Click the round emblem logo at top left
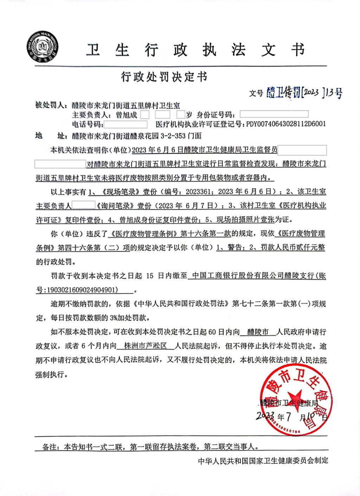point(43,47)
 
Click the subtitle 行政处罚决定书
point(164,77)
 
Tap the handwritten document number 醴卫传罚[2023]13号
point(304,92)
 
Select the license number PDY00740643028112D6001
point(286,124)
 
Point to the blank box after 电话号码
point(126,124)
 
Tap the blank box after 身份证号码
point(274,114)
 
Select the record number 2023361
point(198,192)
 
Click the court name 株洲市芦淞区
point(146,346)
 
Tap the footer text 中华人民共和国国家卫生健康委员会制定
point(263,461)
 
